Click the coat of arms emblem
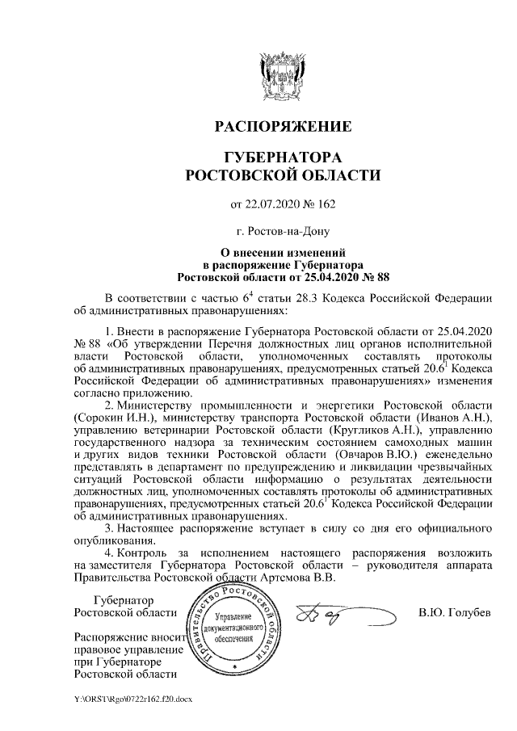click(282, 74)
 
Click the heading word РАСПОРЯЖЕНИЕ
click(282, 127)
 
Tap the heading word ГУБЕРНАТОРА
click(282, 156)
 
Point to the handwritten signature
click(331, 617)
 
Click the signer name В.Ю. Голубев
click(454, 615)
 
